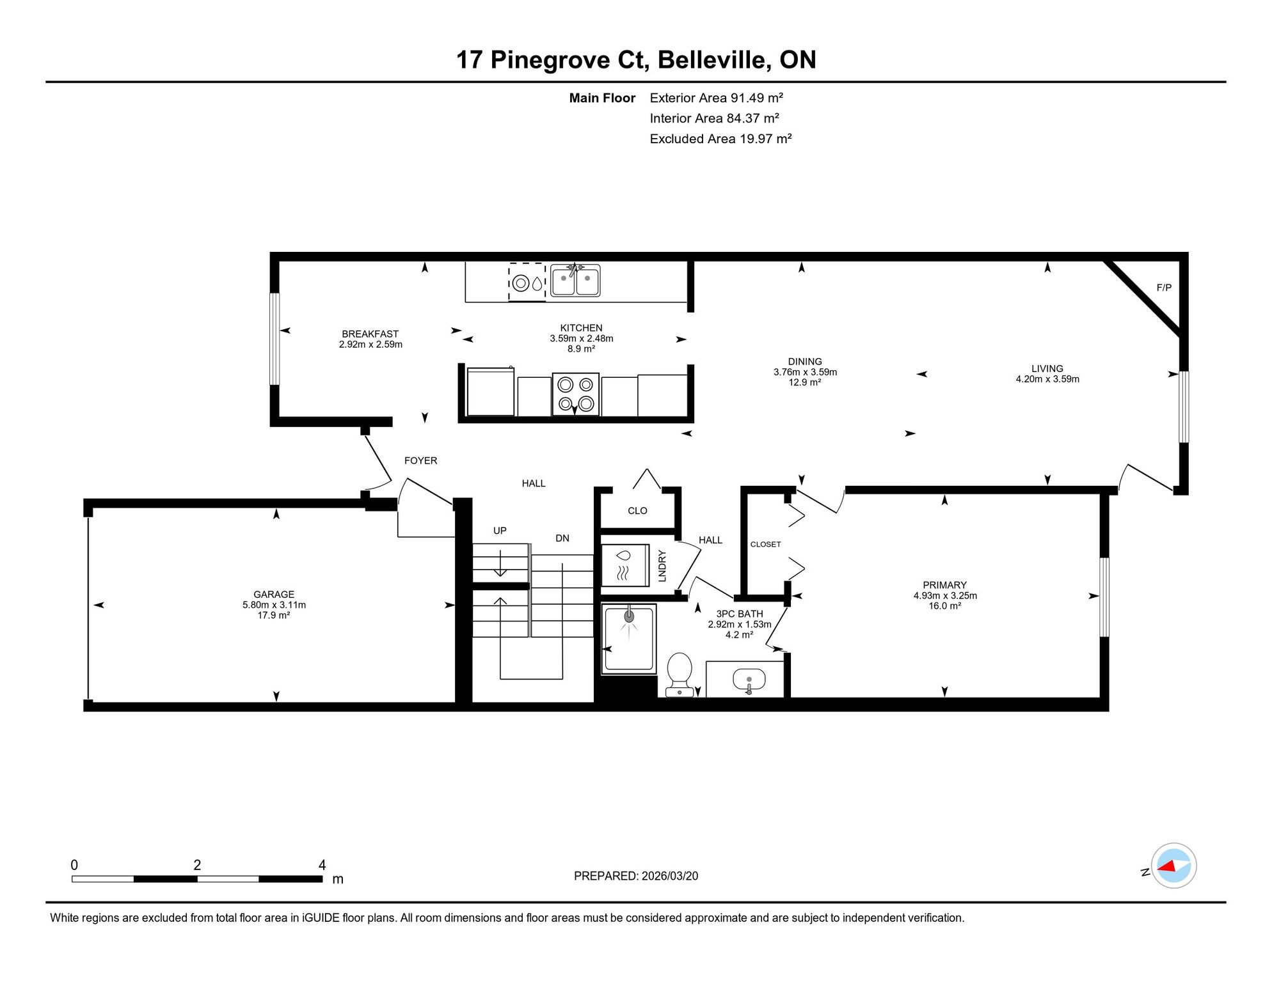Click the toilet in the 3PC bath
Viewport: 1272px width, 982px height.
[x=679, y=674]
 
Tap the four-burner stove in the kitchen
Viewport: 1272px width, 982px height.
[x=575, y=394]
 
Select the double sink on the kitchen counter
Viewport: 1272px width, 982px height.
[x=575, y=281]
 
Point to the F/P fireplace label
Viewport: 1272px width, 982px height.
[x=1164, y=288]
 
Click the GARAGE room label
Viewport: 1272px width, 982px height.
[x=274, y=595]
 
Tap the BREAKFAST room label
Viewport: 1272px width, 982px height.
[x=370, y=334]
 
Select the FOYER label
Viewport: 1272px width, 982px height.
[x=420, y=460]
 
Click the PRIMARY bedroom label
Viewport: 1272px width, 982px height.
[x=944, y=585]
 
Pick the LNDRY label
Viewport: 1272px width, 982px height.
[x=662, y=566]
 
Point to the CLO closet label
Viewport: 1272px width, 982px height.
[x=637, y=511]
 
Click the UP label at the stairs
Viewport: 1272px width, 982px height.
[x=500, y=531]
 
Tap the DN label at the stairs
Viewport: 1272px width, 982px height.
[x=562, y=538]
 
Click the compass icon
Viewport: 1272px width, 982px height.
[x=1173, y=866]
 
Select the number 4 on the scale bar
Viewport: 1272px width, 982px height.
[x=322, y=865]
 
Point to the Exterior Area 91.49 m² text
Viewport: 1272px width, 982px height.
[x=717, y=98]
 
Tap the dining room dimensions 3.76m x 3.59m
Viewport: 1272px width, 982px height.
[x=805, y=372]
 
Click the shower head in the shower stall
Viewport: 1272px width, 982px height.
[x=629, y=615]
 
